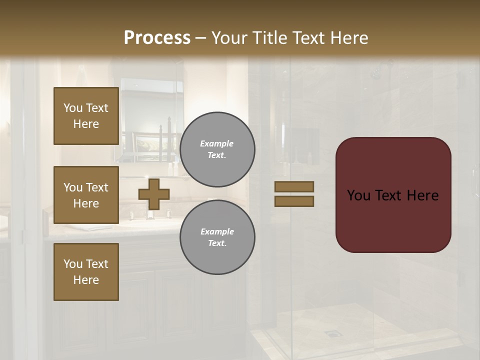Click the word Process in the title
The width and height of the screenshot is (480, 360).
157,38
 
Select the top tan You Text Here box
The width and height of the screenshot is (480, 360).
86,116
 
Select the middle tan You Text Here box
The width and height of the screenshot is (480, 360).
86,195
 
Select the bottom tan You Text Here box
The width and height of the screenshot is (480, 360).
86,271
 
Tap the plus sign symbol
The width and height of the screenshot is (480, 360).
154,193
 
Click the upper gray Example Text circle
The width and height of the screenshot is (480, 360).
217,149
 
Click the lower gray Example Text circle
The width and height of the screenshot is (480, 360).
217,237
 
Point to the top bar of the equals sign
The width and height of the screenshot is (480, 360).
294,186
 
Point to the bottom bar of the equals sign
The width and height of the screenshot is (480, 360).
294,201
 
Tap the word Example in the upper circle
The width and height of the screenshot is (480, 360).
217,143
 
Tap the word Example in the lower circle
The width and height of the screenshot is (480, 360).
217,231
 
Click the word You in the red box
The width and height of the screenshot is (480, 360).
358,195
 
